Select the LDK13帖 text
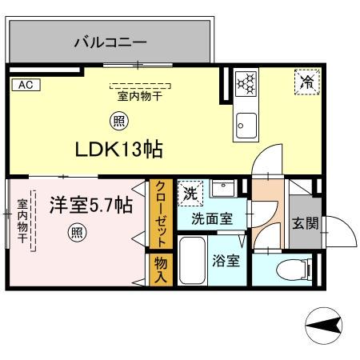120,149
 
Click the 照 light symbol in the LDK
118,122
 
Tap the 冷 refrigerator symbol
306,80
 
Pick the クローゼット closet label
160,214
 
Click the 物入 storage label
160,269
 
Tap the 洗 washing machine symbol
190,193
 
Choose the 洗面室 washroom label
211,218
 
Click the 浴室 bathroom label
226,261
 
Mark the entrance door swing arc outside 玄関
339,237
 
